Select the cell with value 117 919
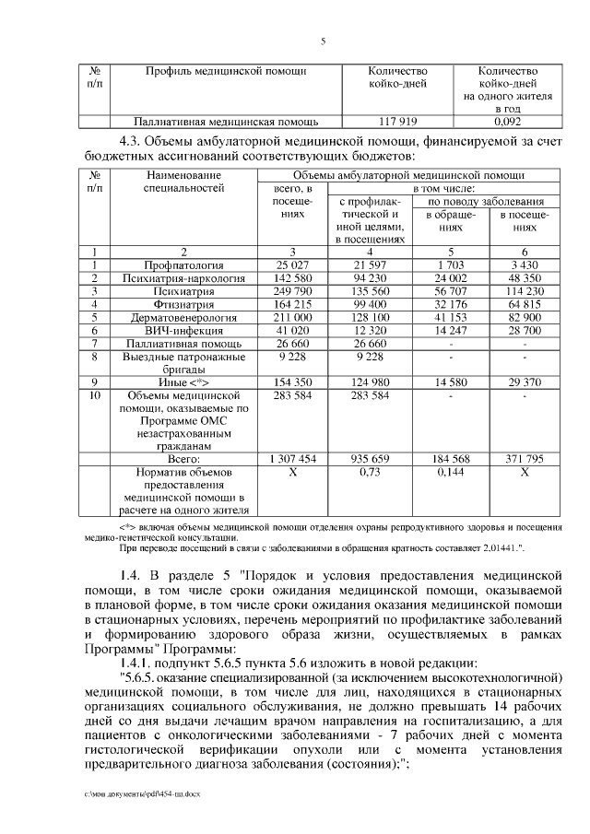[398, 121]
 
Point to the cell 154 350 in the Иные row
[289, 382]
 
